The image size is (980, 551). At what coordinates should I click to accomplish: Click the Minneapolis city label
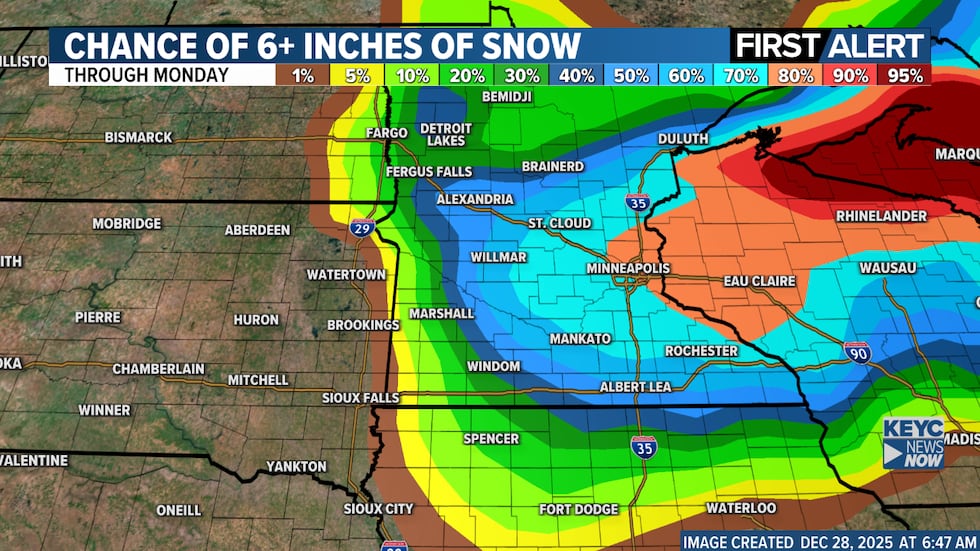point(628,269)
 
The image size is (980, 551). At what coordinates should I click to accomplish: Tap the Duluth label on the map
point(683,139)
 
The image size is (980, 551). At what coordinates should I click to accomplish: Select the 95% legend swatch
point(904,76)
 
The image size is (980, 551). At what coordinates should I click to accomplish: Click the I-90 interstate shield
point(857,351)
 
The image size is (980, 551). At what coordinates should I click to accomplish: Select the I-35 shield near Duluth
point(637,202)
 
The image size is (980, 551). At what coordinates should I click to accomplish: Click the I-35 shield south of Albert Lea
point(644,446)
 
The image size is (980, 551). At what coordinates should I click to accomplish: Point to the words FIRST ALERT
point(829,46)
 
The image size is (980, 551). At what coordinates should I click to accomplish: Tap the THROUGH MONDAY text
point(145,76)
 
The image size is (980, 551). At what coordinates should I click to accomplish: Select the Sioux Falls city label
point(360,398)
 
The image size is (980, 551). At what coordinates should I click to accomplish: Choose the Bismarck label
point(138,137)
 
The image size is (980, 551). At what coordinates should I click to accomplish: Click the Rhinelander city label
point(881,216)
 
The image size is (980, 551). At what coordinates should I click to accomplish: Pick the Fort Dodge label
point(578,510)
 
